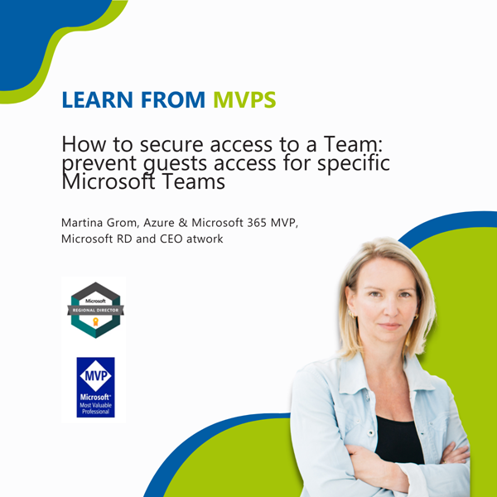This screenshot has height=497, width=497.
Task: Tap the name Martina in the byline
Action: pos(86,223)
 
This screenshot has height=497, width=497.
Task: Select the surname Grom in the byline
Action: pos(135,223)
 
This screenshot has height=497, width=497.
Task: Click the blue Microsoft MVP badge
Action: pos(95,387)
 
